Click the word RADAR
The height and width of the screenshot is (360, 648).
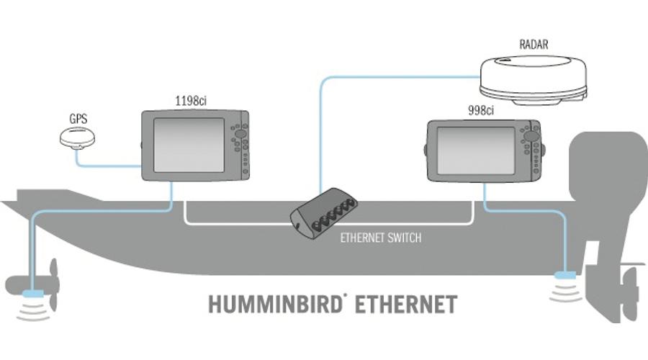pos(533,45)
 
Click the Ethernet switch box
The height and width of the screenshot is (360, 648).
pos(325,212)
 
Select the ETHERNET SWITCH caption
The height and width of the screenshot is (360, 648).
pos(380,238)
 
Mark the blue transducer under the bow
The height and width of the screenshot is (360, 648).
pos(32,294)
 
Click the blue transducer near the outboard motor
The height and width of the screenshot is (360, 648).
pos(564,275)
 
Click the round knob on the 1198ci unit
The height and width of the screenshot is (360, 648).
pos(240,135)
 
